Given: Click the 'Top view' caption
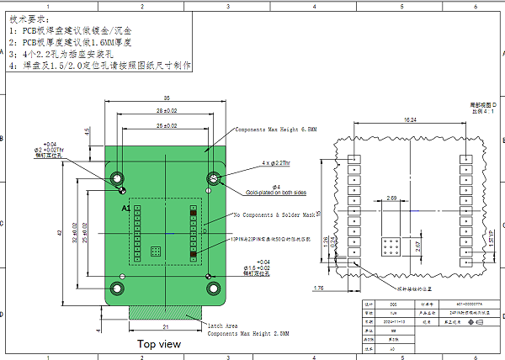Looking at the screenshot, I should [158, 344].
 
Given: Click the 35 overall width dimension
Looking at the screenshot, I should [167, 97].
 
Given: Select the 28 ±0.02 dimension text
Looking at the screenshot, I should [167, 110].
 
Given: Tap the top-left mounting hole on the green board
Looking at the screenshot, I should [117, 178].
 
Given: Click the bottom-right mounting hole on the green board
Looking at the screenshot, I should [215, 289].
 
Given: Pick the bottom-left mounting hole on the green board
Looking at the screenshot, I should [117, 289].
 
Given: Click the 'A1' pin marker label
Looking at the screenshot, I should [126, 207].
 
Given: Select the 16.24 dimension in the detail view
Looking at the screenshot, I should [410, 120].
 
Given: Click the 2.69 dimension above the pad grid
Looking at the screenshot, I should [391, 199].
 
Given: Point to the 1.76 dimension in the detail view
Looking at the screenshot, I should [318, 289].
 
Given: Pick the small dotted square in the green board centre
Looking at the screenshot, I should [155, 251].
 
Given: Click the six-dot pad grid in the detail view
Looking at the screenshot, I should [391, 246].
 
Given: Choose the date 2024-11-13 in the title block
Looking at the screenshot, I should [396, 320].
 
